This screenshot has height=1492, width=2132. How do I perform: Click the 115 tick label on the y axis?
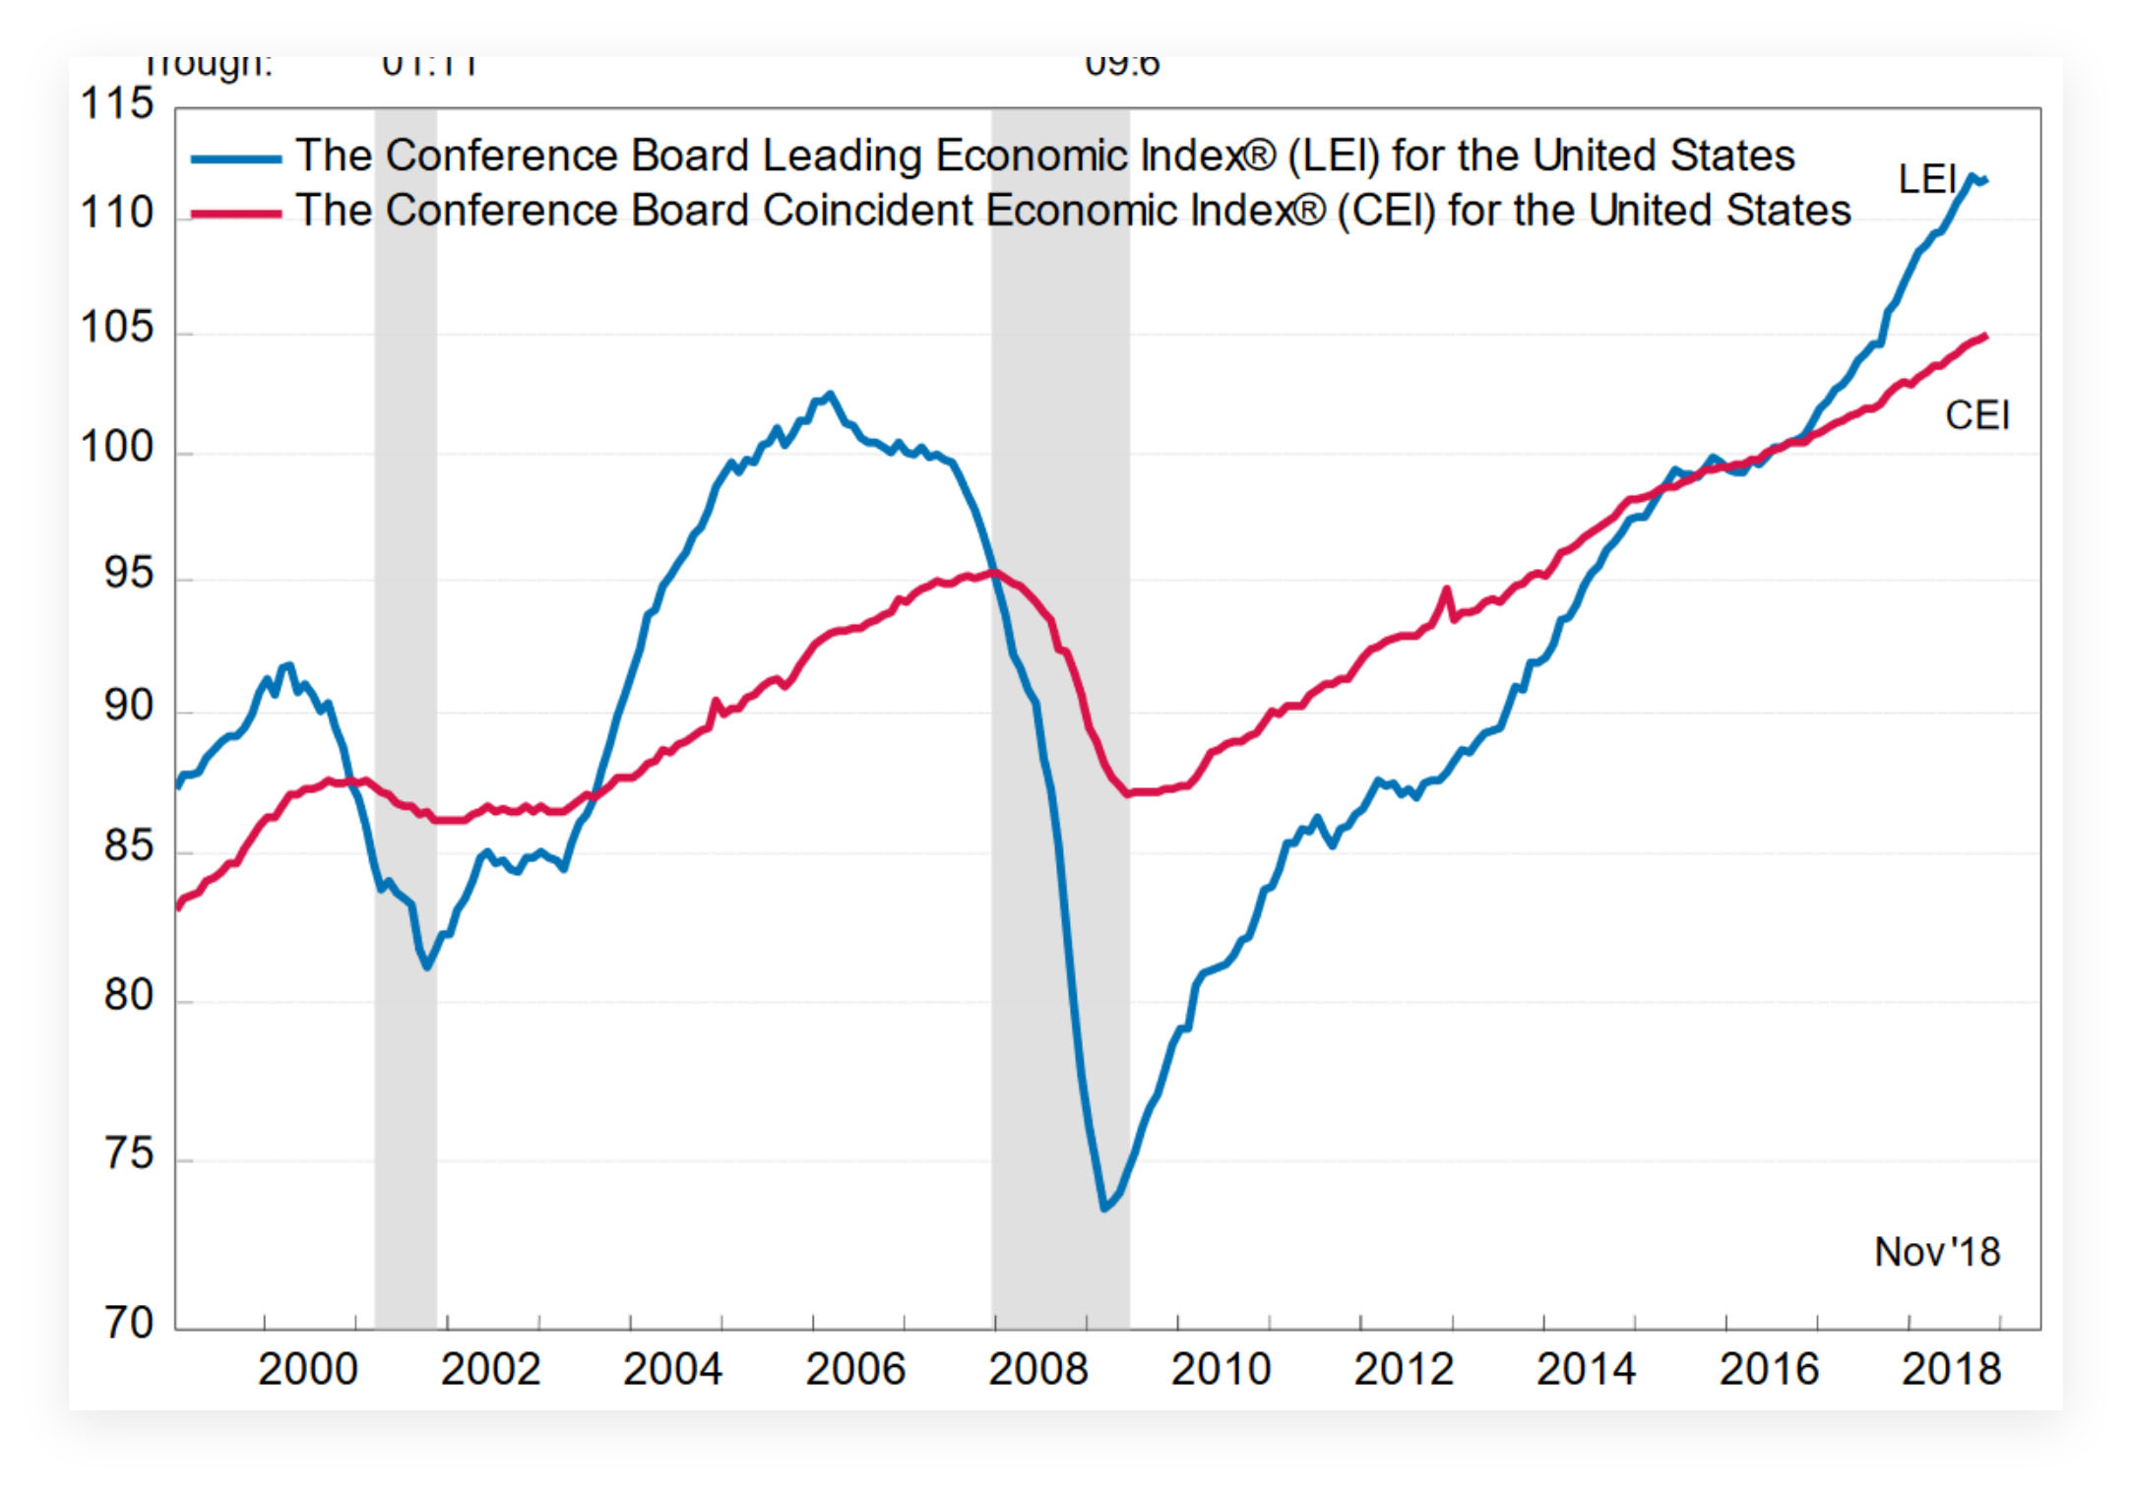coord(117,104)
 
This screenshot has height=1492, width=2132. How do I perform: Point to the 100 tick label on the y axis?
coord(117,448)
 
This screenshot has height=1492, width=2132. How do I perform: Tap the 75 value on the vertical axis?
coord(129,1153)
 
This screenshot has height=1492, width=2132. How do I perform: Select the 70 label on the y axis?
coord(129,1323)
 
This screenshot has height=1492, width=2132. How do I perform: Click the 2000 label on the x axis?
coord(307,1369)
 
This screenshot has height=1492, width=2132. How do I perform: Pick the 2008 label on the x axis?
coord(1037,1369)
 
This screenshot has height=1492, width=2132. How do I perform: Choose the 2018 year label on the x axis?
coord(1951,1369)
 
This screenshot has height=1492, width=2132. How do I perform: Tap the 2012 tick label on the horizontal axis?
coord(1403,1369)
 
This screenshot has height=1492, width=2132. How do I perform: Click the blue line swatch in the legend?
coord(236,158)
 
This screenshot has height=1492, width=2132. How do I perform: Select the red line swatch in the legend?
coord(236,214)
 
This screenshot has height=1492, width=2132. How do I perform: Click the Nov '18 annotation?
coord(1936,1252)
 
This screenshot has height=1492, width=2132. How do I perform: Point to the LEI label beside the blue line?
coord(1926,179)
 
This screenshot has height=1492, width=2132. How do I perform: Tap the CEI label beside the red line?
coord(1976,415)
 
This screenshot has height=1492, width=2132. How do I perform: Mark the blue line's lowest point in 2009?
coord(1104,1208)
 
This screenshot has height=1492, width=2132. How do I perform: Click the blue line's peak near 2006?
coord(830,394)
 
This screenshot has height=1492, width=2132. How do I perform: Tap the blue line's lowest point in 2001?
coord(426,966)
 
